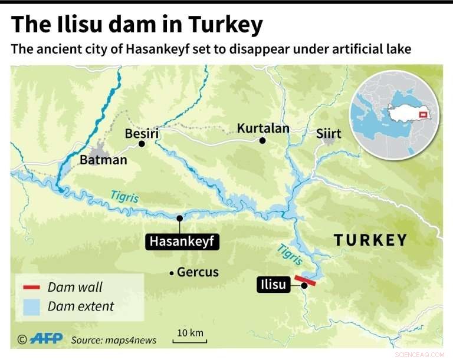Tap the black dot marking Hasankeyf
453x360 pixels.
click(x=179, y=217)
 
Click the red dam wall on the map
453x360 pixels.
click(x=306, y=280)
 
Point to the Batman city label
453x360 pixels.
click(x=103, y=160)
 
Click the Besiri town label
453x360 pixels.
click(x=142, y=134)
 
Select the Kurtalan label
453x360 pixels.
click(x=263, y=128)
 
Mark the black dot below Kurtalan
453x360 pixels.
click(x=262, y=140)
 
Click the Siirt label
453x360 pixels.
click(x=329, y=134)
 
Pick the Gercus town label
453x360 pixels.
click(x=198, y=272)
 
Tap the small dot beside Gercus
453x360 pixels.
click(x=171, y=272)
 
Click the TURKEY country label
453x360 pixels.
click(x=370, y=240)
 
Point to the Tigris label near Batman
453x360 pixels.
click(x=124, y=197)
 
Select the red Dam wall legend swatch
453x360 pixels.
click(x=31, y=288)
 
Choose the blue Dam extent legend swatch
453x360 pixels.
click(x=31, y=306)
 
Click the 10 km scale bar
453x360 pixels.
click(x=189, y=341)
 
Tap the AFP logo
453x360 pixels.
click(x=46, y=339)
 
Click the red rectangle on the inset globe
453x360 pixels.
click(x=422, y=114)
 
